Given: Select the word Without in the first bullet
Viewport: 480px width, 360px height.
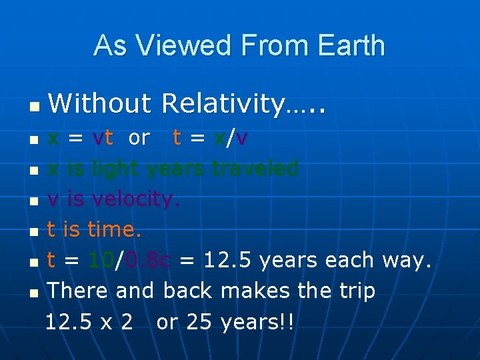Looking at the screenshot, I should (100, 103).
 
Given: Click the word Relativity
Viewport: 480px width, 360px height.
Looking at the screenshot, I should (231, 103).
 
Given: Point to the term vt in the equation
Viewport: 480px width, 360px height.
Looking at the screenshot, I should (103, 138).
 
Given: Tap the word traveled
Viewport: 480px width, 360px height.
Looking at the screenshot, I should (255, 169).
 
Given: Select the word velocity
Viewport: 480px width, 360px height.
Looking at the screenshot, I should (135, 199).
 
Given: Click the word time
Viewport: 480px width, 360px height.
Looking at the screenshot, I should (114, 230).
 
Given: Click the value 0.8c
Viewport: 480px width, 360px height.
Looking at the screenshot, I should (147, 261).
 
